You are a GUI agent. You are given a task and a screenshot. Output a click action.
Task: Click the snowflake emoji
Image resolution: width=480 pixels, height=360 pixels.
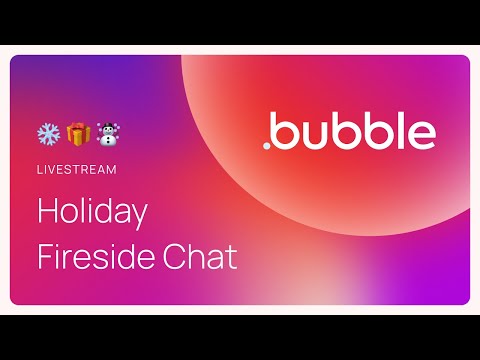[48, 133]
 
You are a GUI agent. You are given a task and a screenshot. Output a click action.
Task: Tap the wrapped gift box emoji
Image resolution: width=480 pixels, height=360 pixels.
[77, 133]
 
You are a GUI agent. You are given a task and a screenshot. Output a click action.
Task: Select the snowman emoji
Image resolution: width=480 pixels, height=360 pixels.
[107, 133]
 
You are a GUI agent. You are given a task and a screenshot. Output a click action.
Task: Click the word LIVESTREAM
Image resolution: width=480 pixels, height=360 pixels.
[77, 169]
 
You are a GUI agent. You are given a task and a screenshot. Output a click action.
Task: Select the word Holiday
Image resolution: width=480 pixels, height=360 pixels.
[92, 213]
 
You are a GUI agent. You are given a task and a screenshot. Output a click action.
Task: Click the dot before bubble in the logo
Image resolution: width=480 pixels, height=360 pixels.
[267, 146]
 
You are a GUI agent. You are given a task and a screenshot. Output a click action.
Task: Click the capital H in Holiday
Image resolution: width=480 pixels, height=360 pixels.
[48, 213]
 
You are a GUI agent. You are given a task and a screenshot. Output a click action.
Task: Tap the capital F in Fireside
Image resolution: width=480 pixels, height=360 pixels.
[45, 257]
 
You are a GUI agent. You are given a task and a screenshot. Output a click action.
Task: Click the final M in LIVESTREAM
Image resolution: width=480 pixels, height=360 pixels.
[111, 169]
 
